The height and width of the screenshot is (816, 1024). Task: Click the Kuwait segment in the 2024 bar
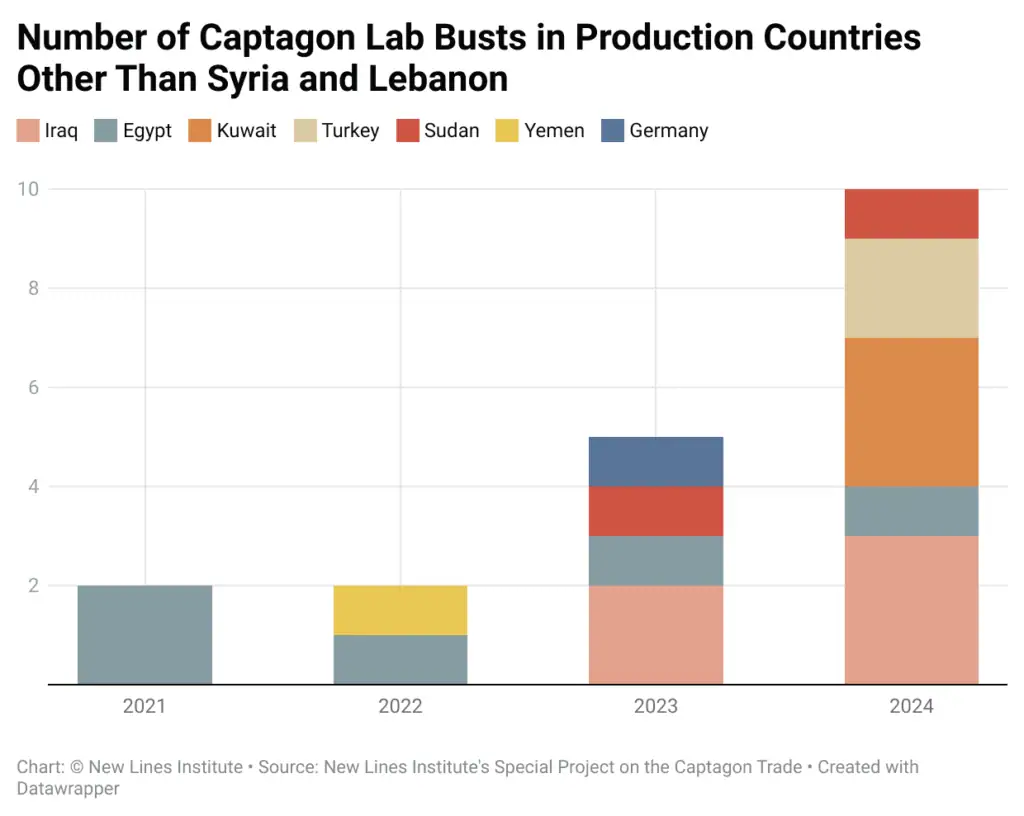(911, 412)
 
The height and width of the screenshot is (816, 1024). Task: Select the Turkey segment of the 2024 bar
(911, 288)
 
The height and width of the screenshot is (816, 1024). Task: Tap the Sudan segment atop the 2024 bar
(911, 213)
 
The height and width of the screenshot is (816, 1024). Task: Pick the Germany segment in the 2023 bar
(656, 461)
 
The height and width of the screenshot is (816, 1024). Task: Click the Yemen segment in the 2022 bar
(400, 610)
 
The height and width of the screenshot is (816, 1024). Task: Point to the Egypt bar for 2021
(145, 635)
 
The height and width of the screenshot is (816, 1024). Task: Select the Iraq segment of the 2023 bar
(656, 635)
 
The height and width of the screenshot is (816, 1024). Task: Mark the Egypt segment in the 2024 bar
(911, 511)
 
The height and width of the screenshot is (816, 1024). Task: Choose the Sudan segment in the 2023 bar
(656, 511)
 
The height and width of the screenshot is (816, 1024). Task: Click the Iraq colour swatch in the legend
(28, 131)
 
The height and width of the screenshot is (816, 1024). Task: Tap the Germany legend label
(668, 131)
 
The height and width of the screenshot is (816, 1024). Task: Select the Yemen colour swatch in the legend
(508, 131)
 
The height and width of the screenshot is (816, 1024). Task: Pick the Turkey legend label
(350, 131)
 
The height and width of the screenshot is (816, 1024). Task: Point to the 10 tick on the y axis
(28, 189)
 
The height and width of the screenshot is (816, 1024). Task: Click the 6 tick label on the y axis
(33, 387)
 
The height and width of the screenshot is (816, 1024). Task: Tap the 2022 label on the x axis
(400, 706)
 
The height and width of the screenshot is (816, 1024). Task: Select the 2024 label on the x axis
(911, 706)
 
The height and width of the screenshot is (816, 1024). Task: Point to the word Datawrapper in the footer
(68, 788)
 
